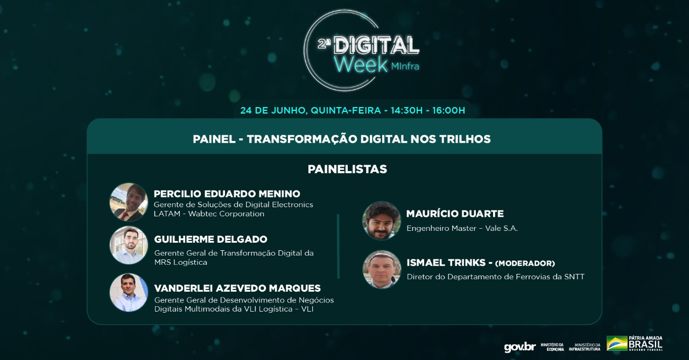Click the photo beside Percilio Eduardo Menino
[x=129, y=202]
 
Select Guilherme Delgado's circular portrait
[x=129, y=245]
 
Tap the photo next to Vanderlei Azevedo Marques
[x=129, y=292]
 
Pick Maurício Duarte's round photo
[x=382, y=221]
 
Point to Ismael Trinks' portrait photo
[x=382, y=269]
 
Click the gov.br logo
[x=520, y=347]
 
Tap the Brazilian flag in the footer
[x=617, y=343]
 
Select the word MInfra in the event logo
[x=405, y=66]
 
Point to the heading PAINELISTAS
[x=347, y=169]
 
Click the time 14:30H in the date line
[x=406, y=110]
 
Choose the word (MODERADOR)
[x=525, y=264]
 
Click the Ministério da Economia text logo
[x=552, y=347]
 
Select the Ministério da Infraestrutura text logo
[x=585, y=347]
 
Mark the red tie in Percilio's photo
[x=123, y=215]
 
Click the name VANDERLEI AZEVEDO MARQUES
[x=237, y=288]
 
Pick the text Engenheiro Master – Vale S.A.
[x=462, y=228]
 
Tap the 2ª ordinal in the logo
[x=324, y=45]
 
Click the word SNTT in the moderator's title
[x=574, y=277]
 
